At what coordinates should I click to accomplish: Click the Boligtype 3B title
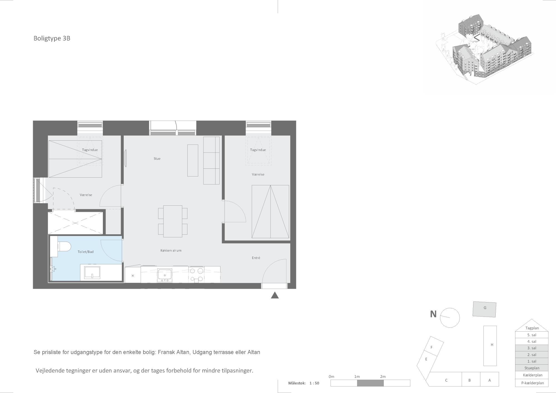(x=52, y=38)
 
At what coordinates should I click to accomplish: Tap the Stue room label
(x=157, y=159)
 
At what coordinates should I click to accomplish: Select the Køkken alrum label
(x=171, y=250)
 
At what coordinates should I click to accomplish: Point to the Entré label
(x=256, y=258)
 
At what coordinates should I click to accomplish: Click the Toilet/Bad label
(x=86, y=252)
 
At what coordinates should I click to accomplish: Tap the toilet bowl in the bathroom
(x=64, y=246)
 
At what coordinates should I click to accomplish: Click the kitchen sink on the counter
(x=165, y=275)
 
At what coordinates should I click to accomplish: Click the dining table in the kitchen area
(x=173, y=221)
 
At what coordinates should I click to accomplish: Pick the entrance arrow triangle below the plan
(x=275, y=295)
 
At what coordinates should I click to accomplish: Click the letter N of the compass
(x=433, y=314)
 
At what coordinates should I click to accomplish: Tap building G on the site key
(x=485, y=309)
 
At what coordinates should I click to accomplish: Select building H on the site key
(x=490, y=346)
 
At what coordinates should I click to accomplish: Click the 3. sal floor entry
(x=532, y=348)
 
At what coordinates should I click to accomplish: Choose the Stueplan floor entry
(x=532, y=368)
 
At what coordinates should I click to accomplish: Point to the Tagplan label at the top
(x=532, y=328)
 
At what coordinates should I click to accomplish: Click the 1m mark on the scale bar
(x=357, y=377)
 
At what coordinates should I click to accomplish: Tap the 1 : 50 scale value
(x=314, y=383)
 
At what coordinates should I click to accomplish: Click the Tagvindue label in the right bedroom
(x=258, y=150)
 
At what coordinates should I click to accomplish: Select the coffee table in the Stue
(x=193, y=160)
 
